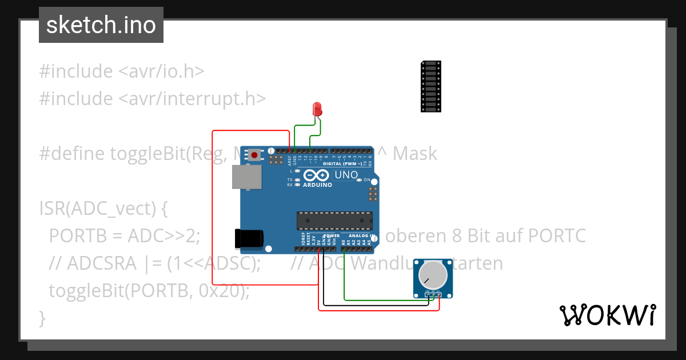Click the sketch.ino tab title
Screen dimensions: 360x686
pos(101,25)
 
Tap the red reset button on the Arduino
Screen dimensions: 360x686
pos(254,154)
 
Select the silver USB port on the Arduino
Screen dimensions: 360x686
pos(246,177)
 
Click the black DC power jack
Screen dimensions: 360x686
pos(249,239)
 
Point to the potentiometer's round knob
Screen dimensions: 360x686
pos(433,275)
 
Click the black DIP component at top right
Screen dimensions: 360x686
pos(430,86)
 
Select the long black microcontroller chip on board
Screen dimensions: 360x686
pos(334,221)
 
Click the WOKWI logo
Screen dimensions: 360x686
pos(607,315)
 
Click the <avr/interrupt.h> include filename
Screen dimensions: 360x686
pos(192,99)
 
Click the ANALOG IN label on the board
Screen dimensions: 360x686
pos(361,236)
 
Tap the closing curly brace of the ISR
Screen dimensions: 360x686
pos(42,318)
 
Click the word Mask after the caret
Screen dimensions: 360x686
pos(415,154)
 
